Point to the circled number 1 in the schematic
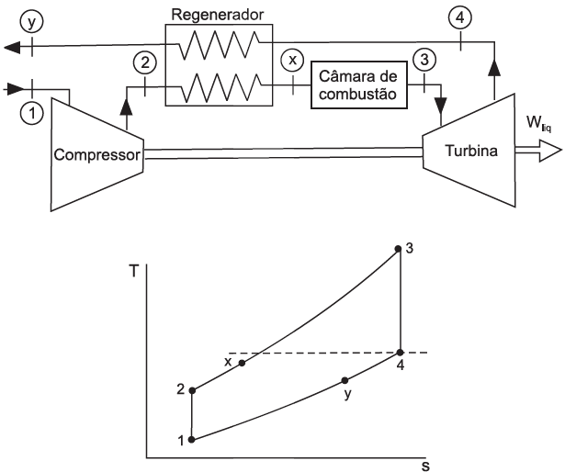[x=33, y=116]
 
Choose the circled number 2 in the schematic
[x=145, y=63]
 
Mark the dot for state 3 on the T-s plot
[x=398, y=248]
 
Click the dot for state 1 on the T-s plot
[x=191, y=439]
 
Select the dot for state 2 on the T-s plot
[x=192, y=391]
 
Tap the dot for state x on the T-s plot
[x=243, y=363]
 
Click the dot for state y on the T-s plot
[x=345, y=380]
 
